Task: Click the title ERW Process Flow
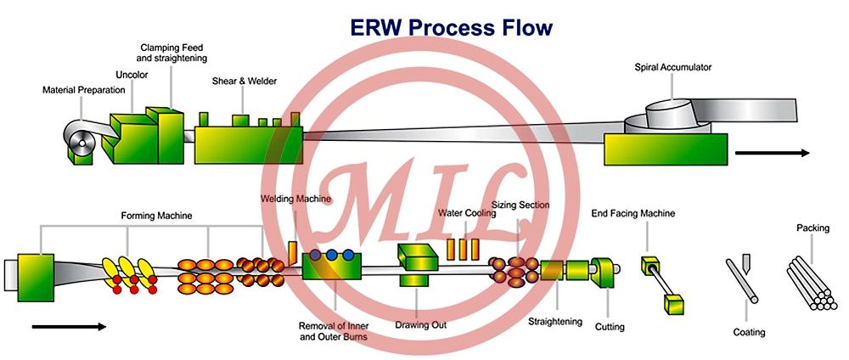(x=451, y=27)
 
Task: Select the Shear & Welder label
(x=245, y=82)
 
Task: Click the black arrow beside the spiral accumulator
(x=772, y=154)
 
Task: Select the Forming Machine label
(x=155, y=216)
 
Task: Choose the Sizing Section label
(x=520, y=205)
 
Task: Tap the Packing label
(x=812, y=228)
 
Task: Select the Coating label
(x=749, y=332)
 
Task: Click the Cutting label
(x=610, y=327)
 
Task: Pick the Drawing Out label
(x=421, y=324)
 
